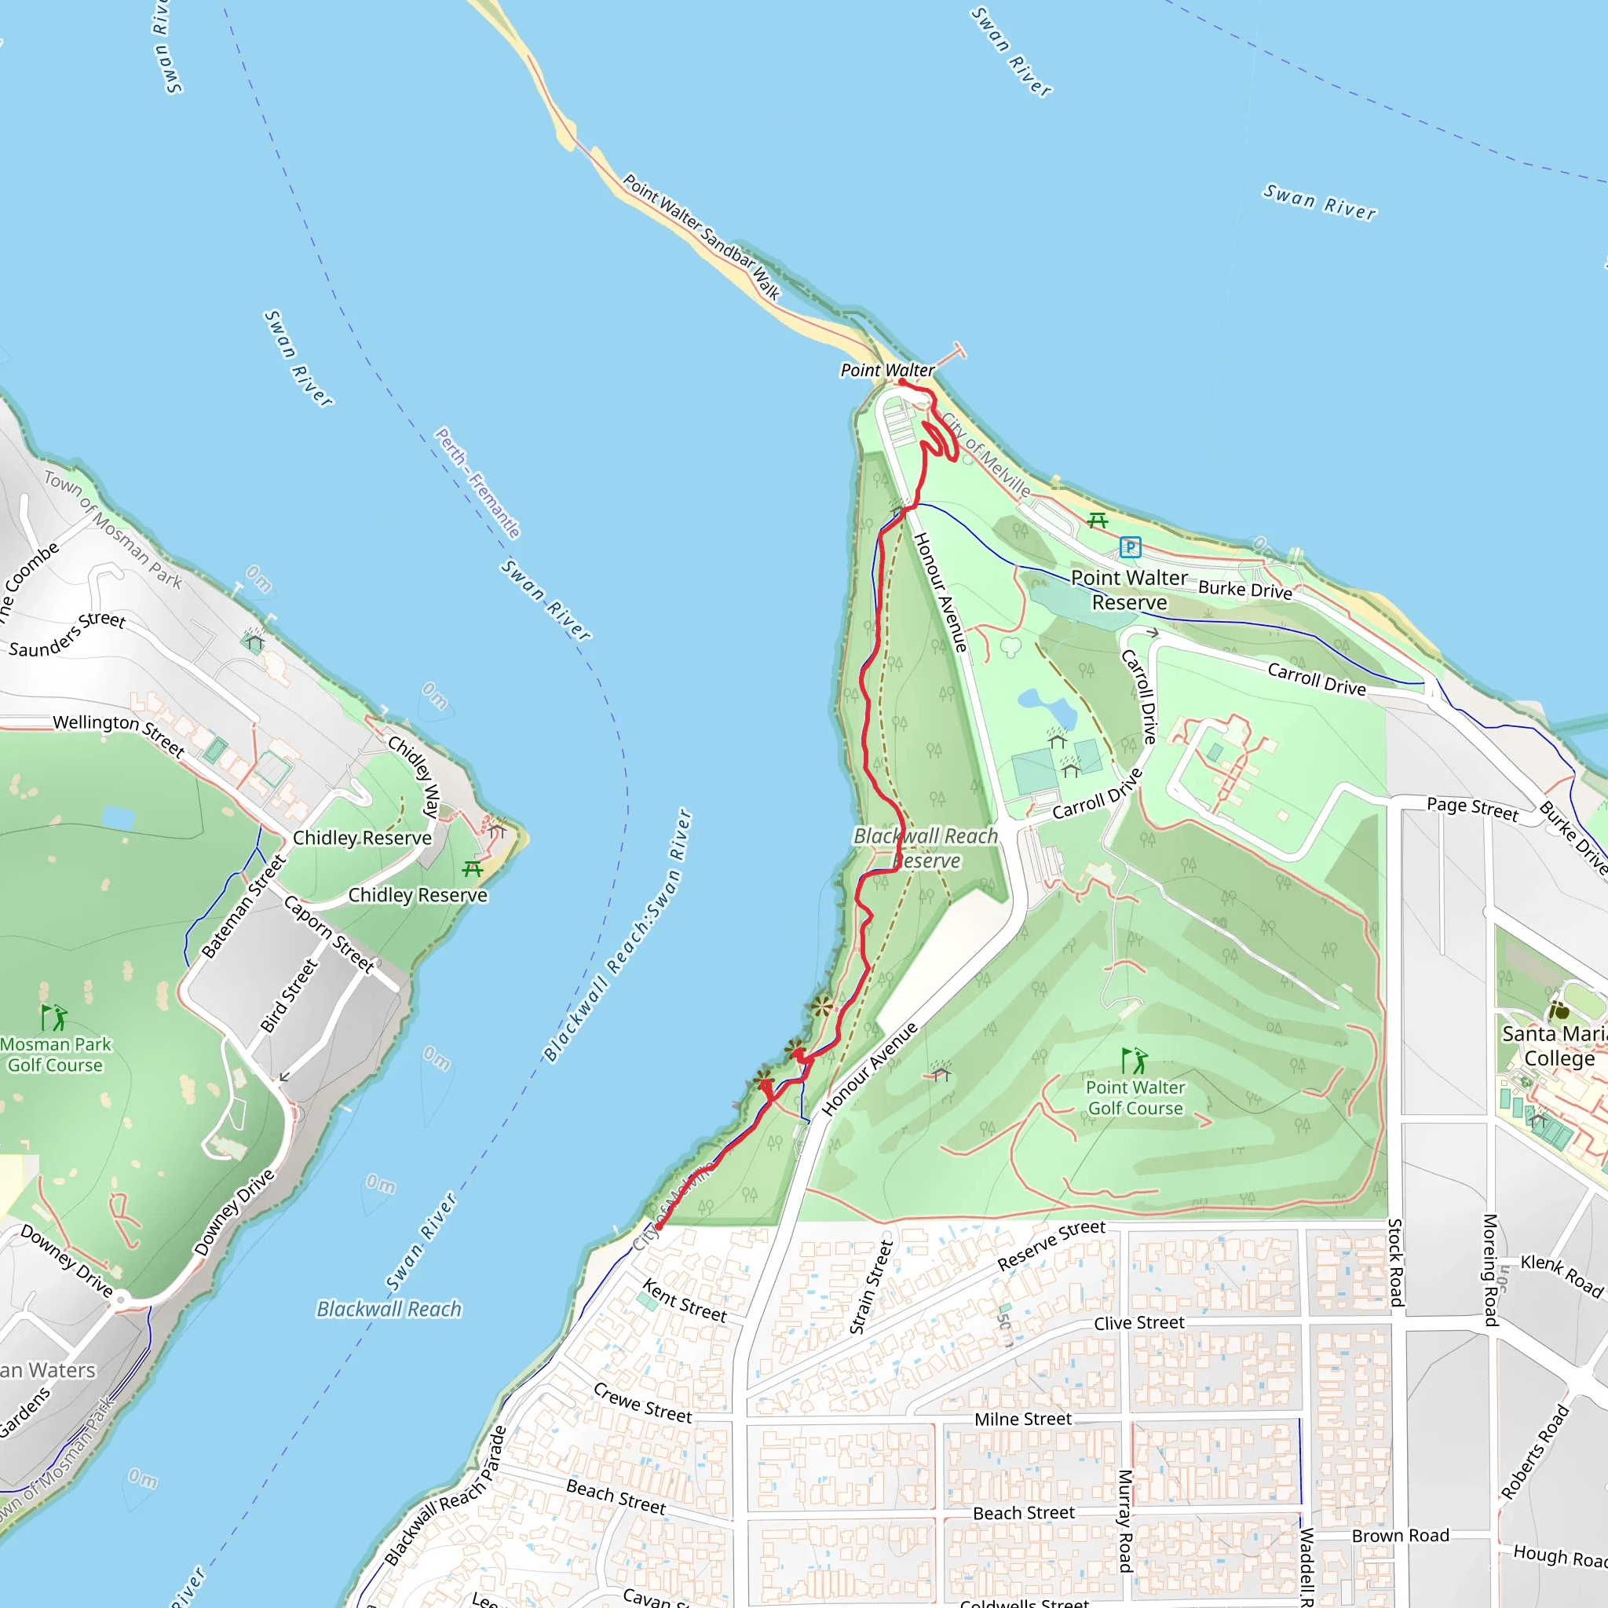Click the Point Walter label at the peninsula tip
(x=887, y=371)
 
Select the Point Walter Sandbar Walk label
(x=702, y=237)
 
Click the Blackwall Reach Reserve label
(x=926, y=848)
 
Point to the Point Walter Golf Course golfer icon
(x=1135, y=1062)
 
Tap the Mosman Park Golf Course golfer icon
(x=54, y=1017)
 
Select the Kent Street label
(x=684, y=1301)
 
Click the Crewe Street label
(x=641, y=1403)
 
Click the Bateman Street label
(x=244, y=907)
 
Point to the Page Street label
(x=1472, y=808)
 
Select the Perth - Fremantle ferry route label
(x=477, y=483)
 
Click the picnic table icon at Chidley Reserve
(x=473, y=869)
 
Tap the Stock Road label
(x=1396, y=1262)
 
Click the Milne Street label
(x=1023, y=1419)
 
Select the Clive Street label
(x=1138, y=1323)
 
